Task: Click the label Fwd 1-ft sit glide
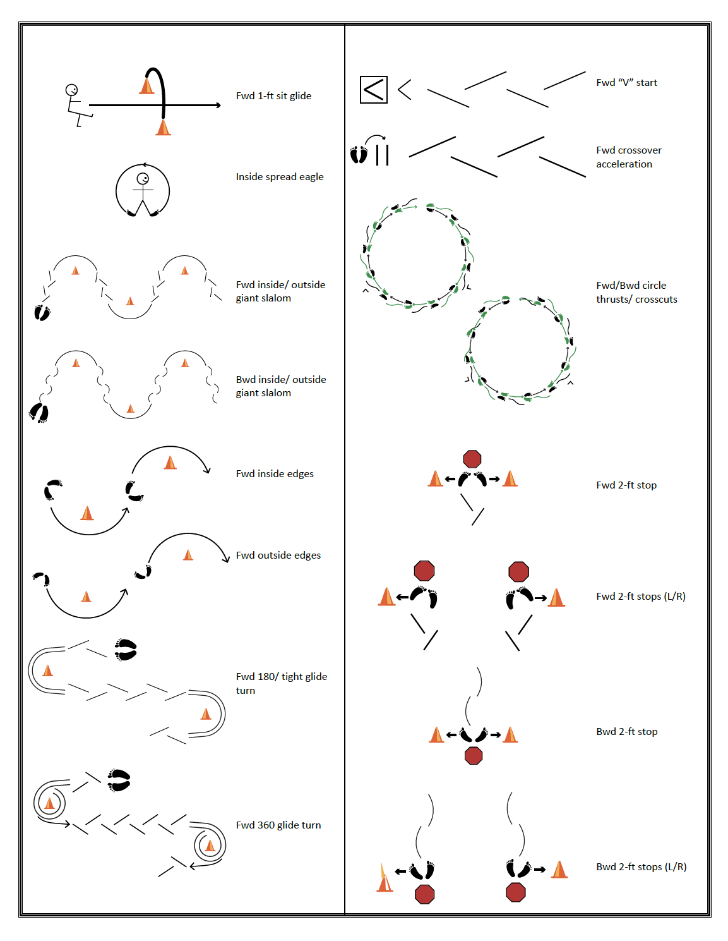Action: pos(273,95)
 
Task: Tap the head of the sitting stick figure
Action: pos(71,90)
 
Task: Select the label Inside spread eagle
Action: pos(280,177)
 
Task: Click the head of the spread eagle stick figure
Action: pos(142,178)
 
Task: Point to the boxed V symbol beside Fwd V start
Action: pos(373,90)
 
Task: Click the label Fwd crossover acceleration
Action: pos(628,157)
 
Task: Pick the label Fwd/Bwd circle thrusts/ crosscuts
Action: pos(636,292)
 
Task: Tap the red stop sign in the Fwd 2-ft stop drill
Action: pos(472,459)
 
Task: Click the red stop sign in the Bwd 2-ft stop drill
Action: pos(473,756)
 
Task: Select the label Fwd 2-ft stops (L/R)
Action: pos(641,597)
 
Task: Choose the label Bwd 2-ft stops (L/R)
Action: pos(641,866)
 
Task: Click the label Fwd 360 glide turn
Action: pos(278,825)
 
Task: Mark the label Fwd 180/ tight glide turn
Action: pos(281,683)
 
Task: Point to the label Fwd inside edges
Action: pos(275,474)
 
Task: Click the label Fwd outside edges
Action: pos(278,555)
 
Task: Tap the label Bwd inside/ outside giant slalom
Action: pos(281,386)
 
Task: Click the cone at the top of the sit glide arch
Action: pos(146,85)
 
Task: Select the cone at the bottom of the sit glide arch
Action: pos(163,127)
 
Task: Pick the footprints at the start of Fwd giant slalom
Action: pos(42,313)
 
